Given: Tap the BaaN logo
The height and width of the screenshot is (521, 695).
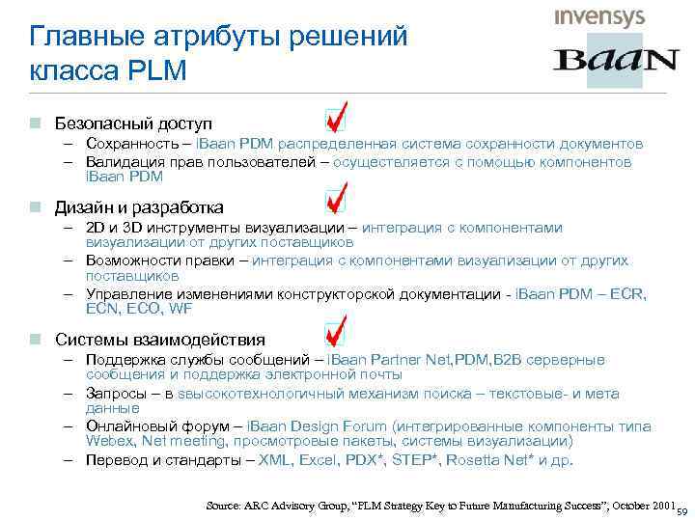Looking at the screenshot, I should [x=615, y=60].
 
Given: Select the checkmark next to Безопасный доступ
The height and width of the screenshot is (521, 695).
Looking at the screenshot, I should [x=336, y=120].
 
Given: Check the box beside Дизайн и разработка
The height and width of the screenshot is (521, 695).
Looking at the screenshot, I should [x=336, y=203].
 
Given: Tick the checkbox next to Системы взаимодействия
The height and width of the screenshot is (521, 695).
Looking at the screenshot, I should [x=336, y=333].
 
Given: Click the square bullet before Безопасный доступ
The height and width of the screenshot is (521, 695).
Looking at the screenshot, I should [x=35, y=125].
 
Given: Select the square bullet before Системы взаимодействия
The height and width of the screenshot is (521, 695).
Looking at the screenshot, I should [x=35, y=340].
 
